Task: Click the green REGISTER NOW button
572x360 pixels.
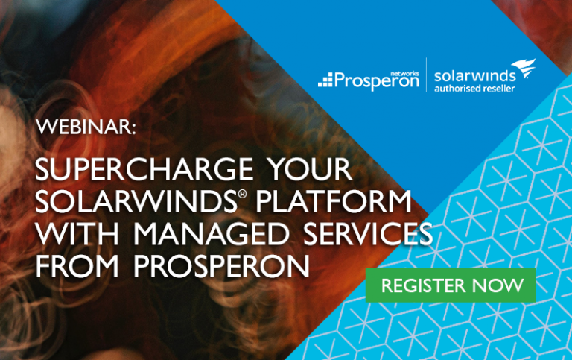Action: coord(451,285)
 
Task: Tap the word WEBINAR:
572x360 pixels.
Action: coord(86,127)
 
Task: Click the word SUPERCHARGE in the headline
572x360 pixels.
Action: coord(144,169)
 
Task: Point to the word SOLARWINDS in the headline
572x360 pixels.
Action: coord(136,201)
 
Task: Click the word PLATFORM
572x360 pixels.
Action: coord(334,201)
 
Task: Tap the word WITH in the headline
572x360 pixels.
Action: coord(77,234)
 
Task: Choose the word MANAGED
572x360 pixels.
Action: coord(212,234)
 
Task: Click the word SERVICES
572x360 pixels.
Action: coord(368,234)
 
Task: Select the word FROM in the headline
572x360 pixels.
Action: coord(77,266)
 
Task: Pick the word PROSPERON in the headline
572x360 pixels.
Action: coord(221,266)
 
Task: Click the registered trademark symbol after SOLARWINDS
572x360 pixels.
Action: coord(243,194)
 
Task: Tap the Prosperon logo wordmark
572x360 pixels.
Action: coord(376,80)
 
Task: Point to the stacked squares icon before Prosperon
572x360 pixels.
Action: coord(325,80)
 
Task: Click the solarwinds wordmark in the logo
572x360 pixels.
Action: coord(475,76)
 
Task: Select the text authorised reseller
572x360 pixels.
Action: coord(474,89)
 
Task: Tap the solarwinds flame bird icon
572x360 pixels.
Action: coord(524,68)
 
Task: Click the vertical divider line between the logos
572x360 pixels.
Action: coord(427,75)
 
